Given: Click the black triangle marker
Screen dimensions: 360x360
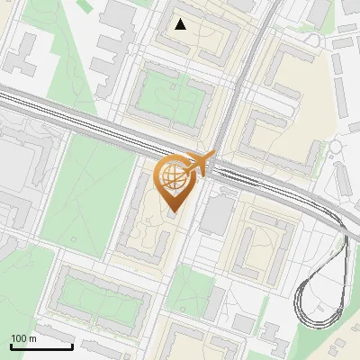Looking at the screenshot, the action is pos(181,24).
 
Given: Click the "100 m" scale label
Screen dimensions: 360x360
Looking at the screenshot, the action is pos(23,338).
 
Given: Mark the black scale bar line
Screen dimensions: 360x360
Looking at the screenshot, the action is pos(41,346).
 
